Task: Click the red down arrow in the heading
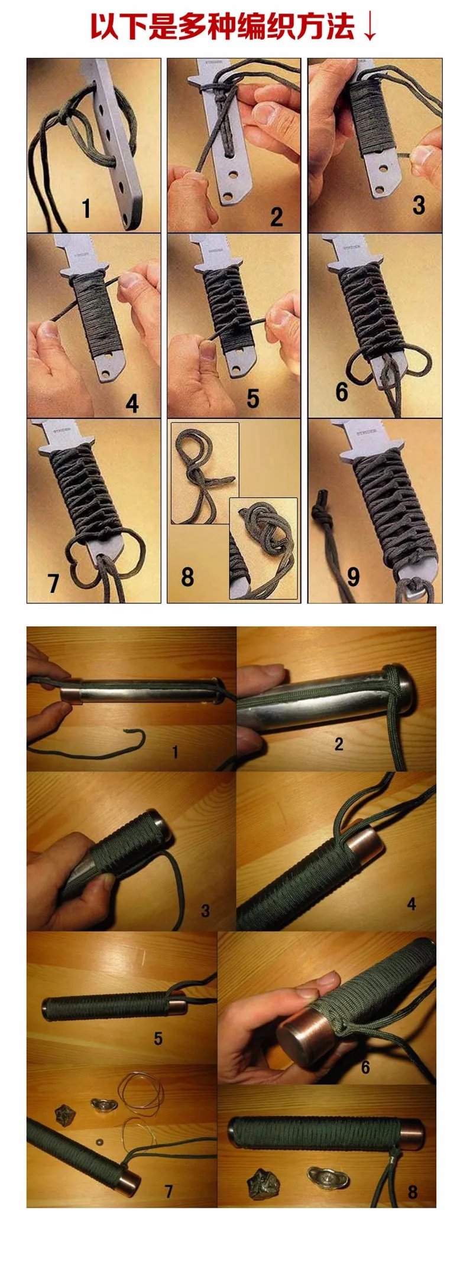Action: [x=370, y=27]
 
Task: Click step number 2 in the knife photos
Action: [x=276, y=217]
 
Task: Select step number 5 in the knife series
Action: [x=253, y=399]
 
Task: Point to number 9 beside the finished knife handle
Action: [x=354, y=576]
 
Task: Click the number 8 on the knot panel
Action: [x=187, y=576]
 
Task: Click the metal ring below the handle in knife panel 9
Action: [x=417, y=590]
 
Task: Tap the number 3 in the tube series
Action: [x=206, y=910]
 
